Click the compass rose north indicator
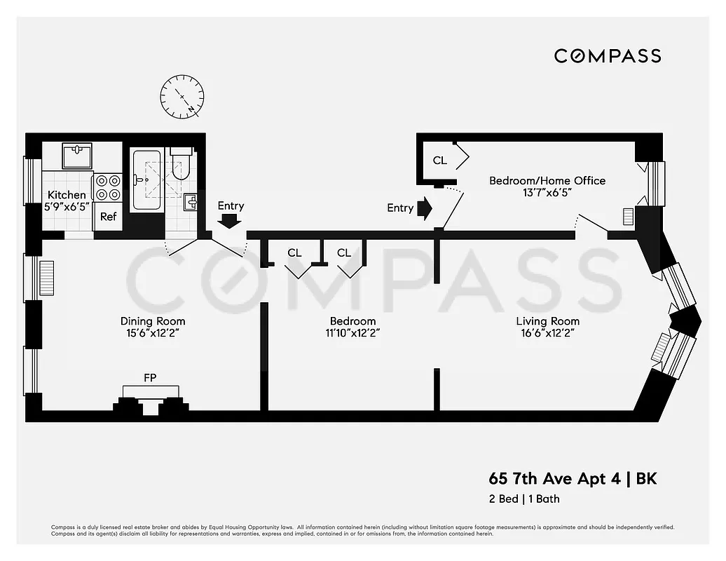pos(181,97)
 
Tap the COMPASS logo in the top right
pos(608,56)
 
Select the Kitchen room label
pos(67,195)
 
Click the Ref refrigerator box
pos(108,217)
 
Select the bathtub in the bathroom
pos(148,180)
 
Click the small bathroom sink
pos(191,203)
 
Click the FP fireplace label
pos(150,378)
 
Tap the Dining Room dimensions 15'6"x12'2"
pos(152,334)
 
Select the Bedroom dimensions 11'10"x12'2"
pos(352,334)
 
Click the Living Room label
pos(547,321)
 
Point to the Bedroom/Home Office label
pos(547,181)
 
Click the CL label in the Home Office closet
pos(439,161)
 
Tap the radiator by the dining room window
pos(46,279)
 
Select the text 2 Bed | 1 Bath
pos(523,499)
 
